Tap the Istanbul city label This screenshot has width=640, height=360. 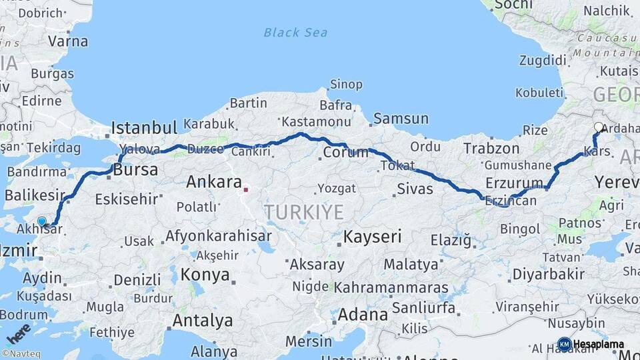(144, 127)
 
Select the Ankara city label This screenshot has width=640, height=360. (214, 181)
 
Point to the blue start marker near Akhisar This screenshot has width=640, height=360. (42, 221)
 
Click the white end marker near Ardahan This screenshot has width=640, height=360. (599, 127)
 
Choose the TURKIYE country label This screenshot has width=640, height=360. (304, 212)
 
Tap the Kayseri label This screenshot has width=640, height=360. (373, 236)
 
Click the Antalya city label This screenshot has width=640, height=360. (203, 321)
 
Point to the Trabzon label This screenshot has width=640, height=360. (491, 148)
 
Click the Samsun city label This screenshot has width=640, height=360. (401, 119)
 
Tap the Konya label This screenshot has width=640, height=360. (205, 275)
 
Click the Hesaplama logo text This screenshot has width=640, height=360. (599, 344)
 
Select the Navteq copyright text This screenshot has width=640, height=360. (23, 354)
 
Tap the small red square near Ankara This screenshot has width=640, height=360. (245, 189)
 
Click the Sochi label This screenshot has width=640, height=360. (515, 5)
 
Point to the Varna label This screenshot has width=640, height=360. (68, 41)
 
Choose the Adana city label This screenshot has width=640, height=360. (363, 314)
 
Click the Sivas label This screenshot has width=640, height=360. (415, 189)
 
